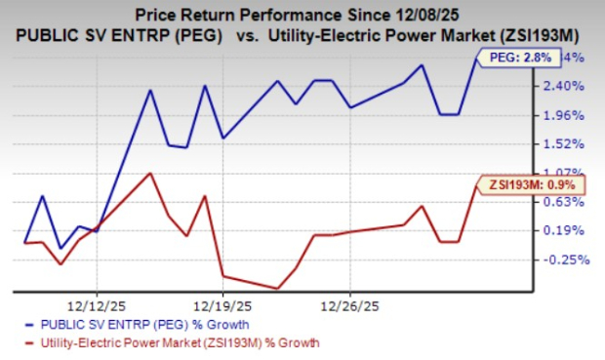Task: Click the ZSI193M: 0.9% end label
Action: coord(528,183)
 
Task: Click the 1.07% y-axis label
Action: coord(565,173)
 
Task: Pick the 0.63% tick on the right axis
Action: coord(565,202)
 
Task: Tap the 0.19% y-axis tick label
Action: coord(565,230)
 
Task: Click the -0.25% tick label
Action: coord(563,260)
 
